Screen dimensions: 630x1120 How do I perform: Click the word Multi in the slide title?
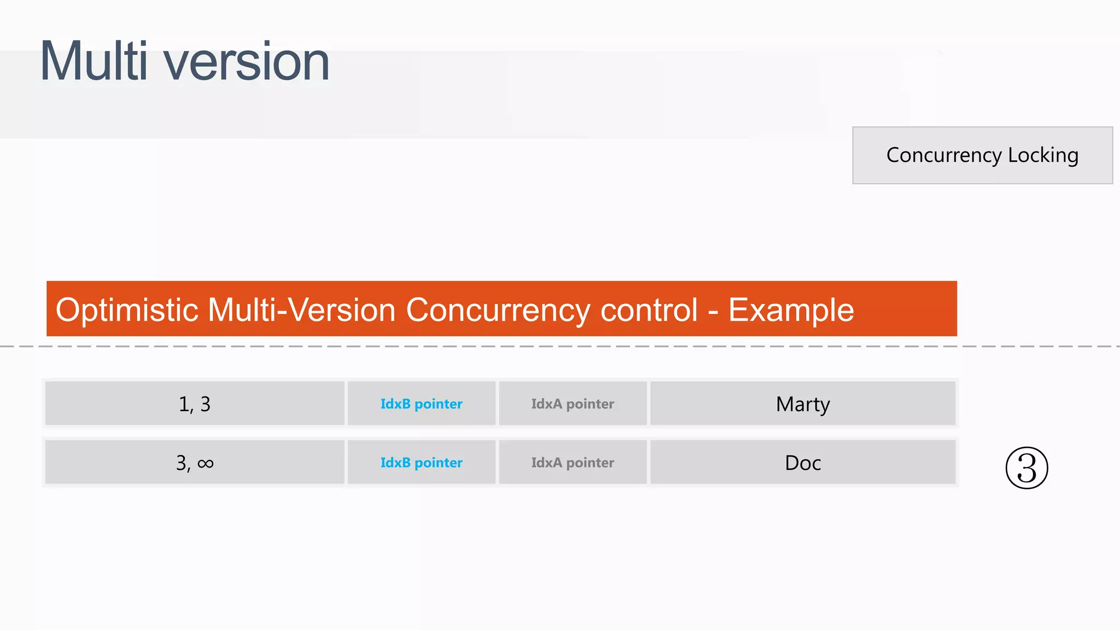tap(94, 61)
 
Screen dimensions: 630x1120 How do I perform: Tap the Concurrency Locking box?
tap(982, 155)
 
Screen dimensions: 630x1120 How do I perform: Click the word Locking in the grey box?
tap(1043, 155)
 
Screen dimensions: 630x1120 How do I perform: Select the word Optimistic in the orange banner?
tap(127, 310)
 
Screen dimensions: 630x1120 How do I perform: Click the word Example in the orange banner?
tap(791, 310)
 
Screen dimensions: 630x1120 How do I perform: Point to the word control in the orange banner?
tap(649, 310)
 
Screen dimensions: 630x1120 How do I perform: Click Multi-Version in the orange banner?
tap(302, 310)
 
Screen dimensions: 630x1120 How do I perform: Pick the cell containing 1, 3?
tap(195, 404)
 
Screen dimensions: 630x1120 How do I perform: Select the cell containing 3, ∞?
tap(195, 463)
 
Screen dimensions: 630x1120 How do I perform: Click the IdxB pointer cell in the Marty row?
tap(421, 404)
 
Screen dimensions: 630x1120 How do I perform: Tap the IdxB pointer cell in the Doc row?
tap(421, 463)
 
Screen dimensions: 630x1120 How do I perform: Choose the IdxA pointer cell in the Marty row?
tap(573, 404)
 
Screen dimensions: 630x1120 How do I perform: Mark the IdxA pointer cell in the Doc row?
tap(573, 463)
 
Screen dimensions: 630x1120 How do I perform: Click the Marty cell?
tap(803, 404)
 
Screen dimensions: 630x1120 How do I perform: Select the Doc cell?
tap(803, 463)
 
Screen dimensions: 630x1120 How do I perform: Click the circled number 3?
tap(1026, 468)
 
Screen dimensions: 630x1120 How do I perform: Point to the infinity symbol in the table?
tap(206, 464)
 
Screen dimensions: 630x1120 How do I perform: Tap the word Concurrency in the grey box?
tap(944, 155)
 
